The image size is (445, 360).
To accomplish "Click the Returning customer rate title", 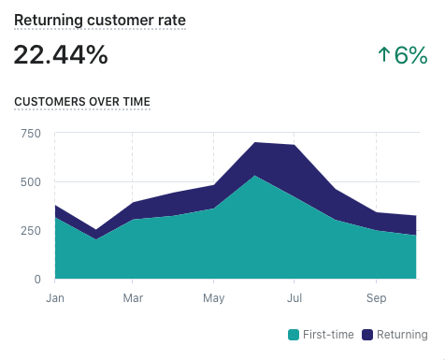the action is click(x=100, y=21).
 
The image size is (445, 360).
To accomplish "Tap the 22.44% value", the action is click(x=61, y=55).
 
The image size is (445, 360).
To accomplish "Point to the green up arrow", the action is click(x=384, y=54).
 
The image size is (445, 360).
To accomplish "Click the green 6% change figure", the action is click(x=410, y=55).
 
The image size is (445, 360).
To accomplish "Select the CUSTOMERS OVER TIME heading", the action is click(x=82, y=102).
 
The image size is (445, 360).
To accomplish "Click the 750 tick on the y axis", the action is click(x=31, y=134).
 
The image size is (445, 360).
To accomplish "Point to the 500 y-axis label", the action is click(x=31, y=182).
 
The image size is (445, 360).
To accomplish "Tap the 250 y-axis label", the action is click(x=31, y=231).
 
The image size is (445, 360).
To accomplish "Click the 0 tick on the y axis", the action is click(x=37, y=280).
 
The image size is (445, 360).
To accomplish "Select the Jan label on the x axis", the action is click(x=55, y=298).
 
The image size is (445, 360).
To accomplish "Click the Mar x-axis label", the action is click(x=133, y=298).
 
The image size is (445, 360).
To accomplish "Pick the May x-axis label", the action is click(x=214, y=298).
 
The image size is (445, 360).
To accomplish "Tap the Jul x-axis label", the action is click(x=294, y=298).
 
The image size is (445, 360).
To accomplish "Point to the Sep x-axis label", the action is click(x=376, y=298).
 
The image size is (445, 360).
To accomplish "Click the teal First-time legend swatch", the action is click(x=294, y=335).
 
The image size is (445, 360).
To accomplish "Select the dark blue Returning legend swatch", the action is click(x=367, y=335).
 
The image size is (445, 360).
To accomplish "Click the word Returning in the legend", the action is click(x=402, y=335).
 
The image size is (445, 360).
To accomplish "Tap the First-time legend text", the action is click(x=328, y=335).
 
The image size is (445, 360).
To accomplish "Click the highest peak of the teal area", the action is click(x=255, y=176).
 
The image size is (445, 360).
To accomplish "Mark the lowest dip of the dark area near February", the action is click(x=95, y=230).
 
